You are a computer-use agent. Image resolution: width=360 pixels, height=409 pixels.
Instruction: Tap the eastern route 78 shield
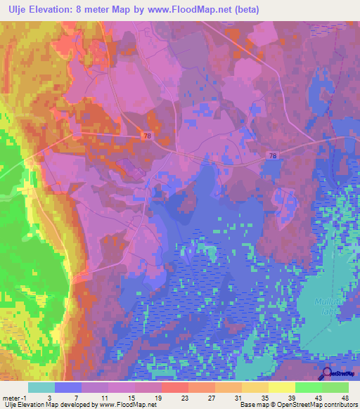271,156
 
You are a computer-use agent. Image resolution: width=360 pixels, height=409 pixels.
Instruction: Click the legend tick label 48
345,397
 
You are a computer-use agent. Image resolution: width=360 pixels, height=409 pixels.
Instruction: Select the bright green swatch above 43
308,387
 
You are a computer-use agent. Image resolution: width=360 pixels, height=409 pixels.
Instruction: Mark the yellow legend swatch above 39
281,387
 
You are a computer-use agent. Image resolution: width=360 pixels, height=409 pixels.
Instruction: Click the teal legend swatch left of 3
41,387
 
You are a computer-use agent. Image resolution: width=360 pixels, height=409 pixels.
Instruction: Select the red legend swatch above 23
174,387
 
